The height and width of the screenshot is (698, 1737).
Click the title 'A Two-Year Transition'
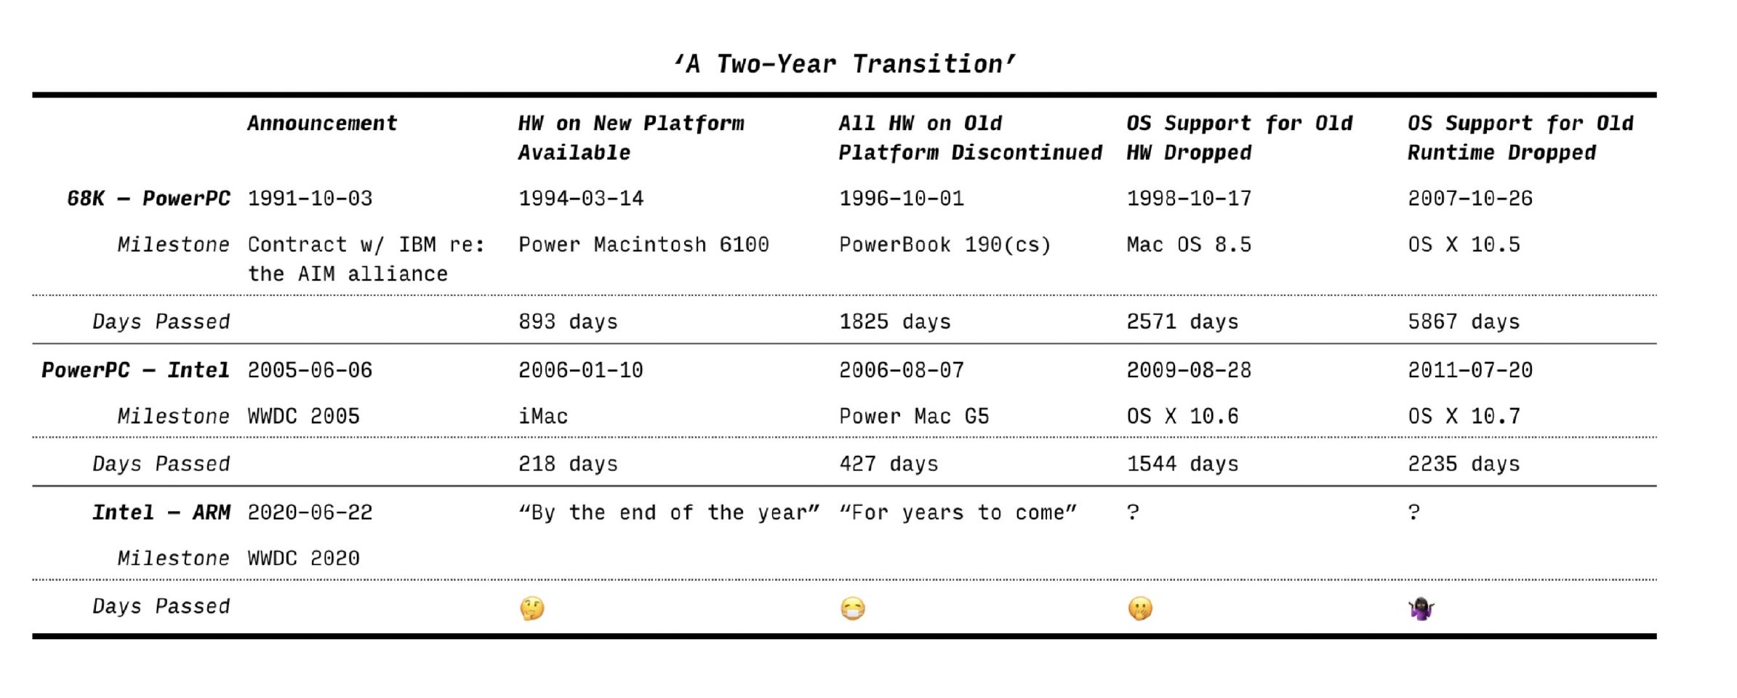click(844, 64)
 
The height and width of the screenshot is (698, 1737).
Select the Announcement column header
click(322, 123)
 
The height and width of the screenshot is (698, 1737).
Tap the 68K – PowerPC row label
click(148, 198)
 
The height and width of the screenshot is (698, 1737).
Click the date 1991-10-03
click(310, 198)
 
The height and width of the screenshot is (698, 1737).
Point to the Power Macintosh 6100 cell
click(643, 244)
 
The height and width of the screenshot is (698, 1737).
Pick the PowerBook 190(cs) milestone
click(945, 244)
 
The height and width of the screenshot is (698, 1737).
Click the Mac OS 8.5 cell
click(1189, 244)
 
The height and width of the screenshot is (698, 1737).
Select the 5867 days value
click(1464, 321)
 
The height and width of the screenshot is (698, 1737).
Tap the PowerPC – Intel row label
click(135, 370)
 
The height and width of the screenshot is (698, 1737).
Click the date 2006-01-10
click(580, 370)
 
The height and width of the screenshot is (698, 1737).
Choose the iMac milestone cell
click(543, 416)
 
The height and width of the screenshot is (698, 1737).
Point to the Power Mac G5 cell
click(914, 416)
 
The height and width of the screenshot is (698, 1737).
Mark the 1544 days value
click(1182, 464)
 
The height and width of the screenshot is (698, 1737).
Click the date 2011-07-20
click(1470, 370)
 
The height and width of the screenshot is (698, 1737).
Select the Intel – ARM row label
click(161, 513)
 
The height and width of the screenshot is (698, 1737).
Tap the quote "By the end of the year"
click(669, 513)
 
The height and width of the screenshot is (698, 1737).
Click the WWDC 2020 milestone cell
click(303, 558)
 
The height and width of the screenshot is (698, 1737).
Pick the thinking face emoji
click(532, 608)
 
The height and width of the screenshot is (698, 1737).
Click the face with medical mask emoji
click(853, 608)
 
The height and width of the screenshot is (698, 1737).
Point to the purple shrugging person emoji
click(1421, 608)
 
